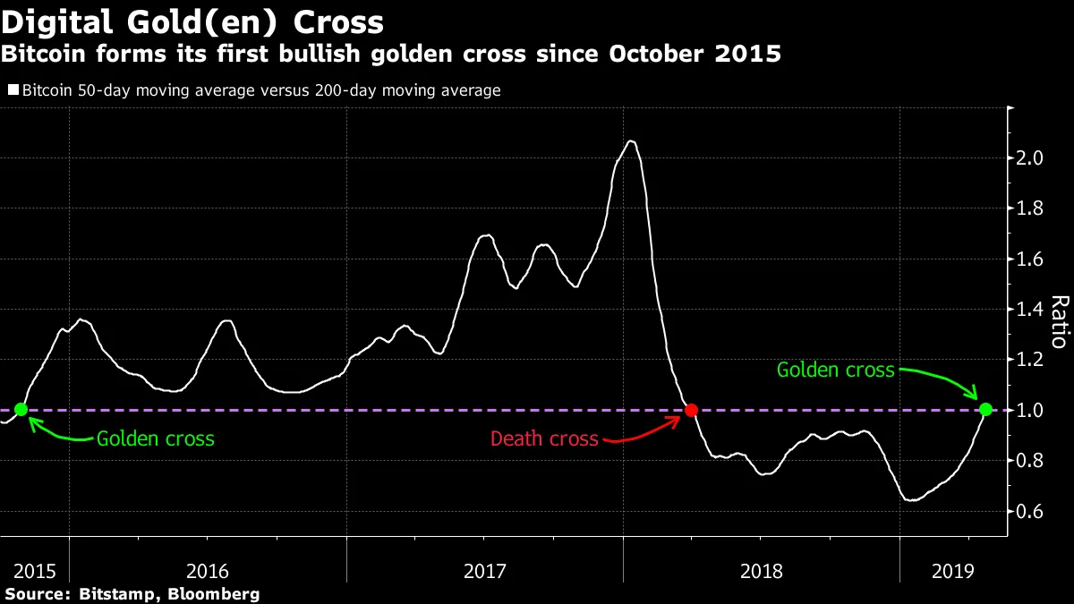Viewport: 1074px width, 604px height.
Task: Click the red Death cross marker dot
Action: click(x=691, y=410)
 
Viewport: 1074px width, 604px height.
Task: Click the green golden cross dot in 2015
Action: click(x=21, y=410)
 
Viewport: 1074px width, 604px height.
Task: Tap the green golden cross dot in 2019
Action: click(x=985, y=410)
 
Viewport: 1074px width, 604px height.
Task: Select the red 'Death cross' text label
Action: click(x=544, y=439)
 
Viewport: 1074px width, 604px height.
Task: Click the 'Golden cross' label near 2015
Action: click(x=156, y=439)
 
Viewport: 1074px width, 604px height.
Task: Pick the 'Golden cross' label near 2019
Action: click(x=835, y=370)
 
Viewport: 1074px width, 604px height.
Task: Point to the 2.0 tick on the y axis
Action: click(x=1032, y=158)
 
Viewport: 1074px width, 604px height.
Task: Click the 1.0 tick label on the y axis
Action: click(x=1032, y=411)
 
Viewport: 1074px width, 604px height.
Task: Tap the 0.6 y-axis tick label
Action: click(x=1032, y=512)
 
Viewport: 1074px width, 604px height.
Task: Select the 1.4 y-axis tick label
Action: click(x=1032, y=310)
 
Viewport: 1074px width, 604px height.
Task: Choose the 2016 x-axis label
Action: click(x=207, y=570)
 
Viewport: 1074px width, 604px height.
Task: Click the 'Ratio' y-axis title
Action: click(x=1059, y=322)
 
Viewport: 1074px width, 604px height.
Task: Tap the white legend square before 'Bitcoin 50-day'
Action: click(x=13, y=90)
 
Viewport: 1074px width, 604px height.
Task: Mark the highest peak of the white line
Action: click(x=631, y=141)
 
